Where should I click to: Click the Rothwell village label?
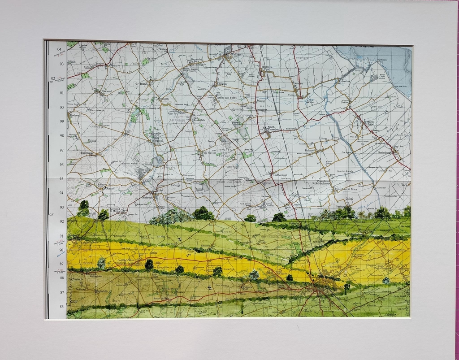(x=74, y=115)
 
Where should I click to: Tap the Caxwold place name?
(x=106, y=91)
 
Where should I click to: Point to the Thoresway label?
(x=87, y=153)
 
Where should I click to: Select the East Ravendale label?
(x=199, y=120)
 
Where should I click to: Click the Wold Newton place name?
(x=210, y=153)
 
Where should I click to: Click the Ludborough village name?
(x=279, y=175)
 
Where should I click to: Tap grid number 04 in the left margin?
(x=59, y=49)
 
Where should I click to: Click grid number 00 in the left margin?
(x=61, y=107)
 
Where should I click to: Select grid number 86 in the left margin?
(x=61, y=307)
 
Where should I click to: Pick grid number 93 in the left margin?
(x=61, y=207)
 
